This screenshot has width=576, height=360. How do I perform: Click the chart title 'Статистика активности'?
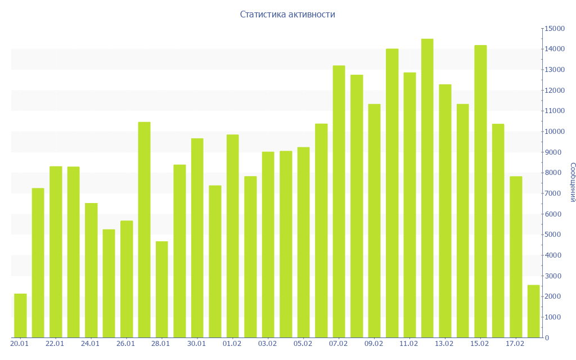pyautogui.click(x=287, y=15)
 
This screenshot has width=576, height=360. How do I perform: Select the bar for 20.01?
pyautogui.click(x=20, y=316)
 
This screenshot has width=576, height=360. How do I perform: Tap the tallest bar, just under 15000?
pyautogui.click(x=427, y=188)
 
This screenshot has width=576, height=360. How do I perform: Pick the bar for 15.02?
pyautogui.click(x=480, y=191)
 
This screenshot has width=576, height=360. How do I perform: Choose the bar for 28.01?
pyautogui.click(x=162, y=289)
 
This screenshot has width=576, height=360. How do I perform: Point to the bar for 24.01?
pyautogui.click(x=91, y=270)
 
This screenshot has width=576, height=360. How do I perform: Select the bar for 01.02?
pyautogui.click(x=232, y=236)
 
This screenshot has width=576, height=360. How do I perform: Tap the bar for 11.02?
pyautogui.click(x=409, y=205)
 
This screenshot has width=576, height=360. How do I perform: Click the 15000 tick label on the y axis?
pyautogui.click(x=554, y=29)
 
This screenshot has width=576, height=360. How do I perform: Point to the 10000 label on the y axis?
pyautogui.click(x=554, y=132)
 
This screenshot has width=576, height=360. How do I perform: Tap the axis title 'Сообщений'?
pyautogui.click(x=572, y=182)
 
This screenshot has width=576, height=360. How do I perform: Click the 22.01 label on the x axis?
pyautogui.click(x=55, y=344)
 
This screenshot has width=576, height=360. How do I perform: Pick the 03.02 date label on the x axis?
pyautogui.click(x=267, y=344)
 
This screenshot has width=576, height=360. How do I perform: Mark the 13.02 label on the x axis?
pyautogui.click(x=444, y=344)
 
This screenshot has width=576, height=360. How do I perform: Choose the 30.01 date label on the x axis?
pyautogui.click(x=196, y=344)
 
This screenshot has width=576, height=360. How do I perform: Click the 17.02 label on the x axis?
pyautogui.click(x=515, y=344)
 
